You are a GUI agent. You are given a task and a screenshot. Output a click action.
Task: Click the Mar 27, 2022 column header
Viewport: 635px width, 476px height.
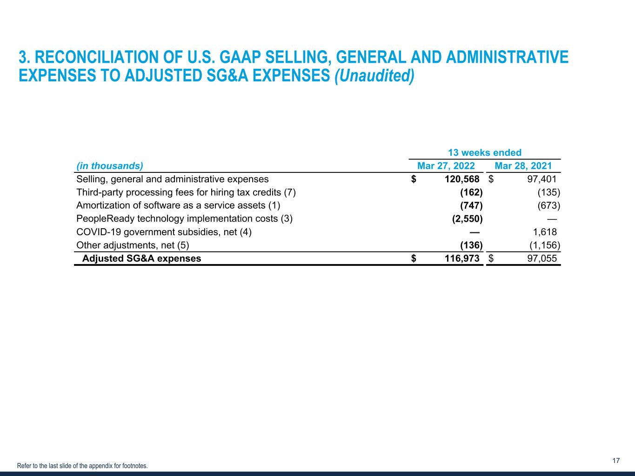446,166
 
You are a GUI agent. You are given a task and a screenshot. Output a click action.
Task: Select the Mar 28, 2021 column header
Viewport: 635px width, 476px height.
523,166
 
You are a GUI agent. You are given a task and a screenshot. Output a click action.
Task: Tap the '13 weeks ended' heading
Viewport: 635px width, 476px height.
484,152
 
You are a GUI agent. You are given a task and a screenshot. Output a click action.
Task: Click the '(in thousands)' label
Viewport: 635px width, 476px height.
109,166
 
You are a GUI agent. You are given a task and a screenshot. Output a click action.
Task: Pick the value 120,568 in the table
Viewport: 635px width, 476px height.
460,179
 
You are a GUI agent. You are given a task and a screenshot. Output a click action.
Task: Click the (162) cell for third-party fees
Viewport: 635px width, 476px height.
471,192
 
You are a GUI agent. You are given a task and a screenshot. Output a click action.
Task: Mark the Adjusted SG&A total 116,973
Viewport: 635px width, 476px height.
460,258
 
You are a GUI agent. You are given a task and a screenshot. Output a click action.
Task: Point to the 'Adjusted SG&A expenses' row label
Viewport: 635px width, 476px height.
141,258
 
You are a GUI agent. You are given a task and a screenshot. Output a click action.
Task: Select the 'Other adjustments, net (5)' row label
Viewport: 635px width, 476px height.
133,245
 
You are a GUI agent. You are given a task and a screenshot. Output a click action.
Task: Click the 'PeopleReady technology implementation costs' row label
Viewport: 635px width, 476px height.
184,218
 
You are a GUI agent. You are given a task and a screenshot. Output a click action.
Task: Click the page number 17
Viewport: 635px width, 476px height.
616,461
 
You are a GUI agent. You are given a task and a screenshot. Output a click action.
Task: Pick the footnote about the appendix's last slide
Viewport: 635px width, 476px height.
82,465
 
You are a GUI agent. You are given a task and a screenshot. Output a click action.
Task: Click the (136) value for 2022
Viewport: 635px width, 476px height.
471,245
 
